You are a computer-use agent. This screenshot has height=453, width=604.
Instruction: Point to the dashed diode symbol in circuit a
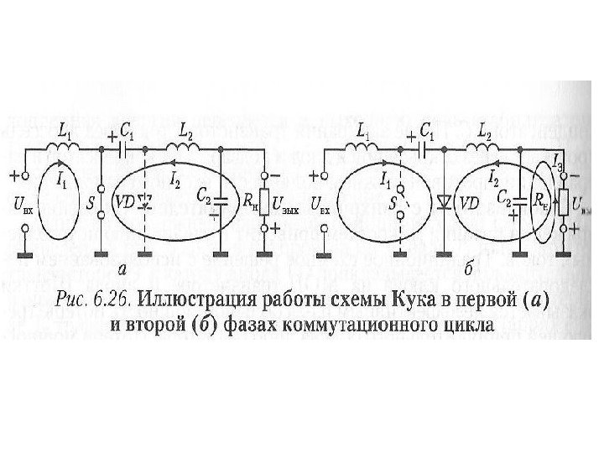point(145,202)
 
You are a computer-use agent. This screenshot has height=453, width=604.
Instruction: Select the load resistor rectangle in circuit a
point(265,202)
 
